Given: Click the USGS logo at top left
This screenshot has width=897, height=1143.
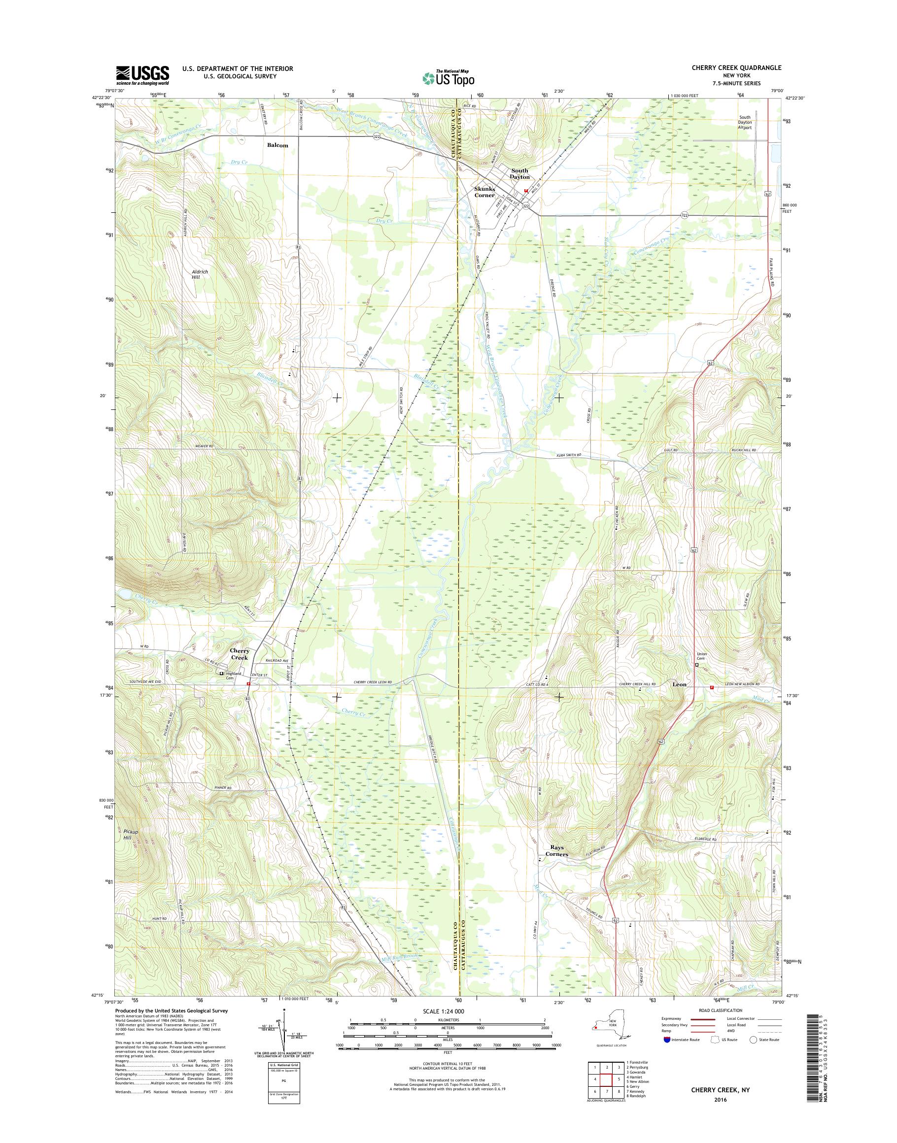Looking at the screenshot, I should click(142, 75).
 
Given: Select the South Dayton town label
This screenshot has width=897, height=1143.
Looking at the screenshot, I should click(520, 174).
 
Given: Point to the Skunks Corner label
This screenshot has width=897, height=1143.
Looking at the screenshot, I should click(484, 192).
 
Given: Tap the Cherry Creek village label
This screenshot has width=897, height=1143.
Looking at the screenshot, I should click(240, 654).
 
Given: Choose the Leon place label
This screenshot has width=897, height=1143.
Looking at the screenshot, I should click(680, 685).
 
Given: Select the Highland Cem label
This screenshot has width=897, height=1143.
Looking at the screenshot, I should click(233, 673).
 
